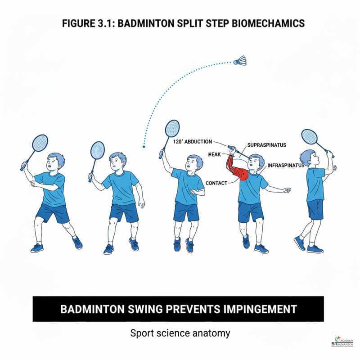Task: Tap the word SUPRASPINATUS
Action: pyautogui.click(x=267, y=145)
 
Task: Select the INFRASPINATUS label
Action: pyautogui.click(x=286, y=166)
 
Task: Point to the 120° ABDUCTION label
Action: pyautogui.click(x=192, y=141)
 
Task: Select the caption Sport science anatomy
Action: pyautogui.click(x=180, y=333)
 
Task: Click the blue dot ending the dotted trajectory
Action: pyautogui.click(x=143, y=146)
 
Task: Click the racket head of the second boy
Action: pyautogui.click(x=98, y=150)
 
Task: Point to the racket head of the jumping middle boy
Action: pyautogui.click(x=172, y=128)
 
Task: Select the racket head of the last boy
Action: pyautogui.click(x=309, y=136)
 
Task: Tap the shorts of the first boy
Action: pyautogui.click(x=53, y=212)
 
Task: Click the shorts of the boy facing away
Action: pyautogui.click(x=315, y=209)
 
